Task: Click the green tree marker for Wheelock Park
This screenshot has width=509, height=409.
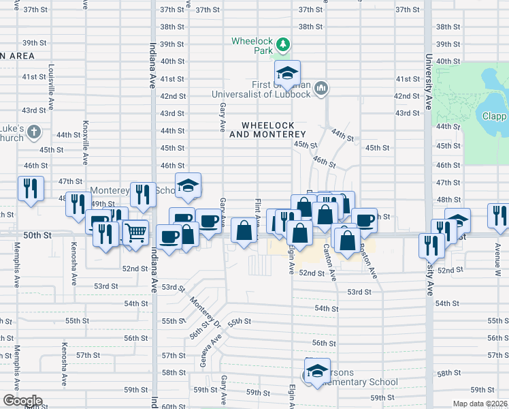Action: (283, 46)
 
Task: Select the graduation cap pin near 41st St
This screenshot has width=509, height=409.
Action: (288, 74)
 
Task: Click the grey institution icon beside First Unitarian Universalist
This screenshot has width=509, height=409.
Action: (322, 88)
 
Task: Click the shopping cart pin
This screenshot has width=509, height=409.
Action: (135, 232)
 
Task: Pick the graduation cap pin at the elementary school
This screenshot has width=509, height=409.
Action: (316, 372)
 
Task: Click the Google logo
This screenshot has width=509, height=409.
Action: (22, 401)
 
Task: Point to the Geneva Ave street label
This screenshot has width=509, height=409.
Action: (203, 354)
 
